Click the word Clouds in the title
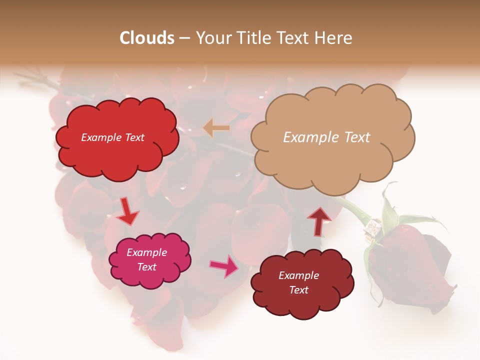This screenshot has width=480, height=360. click(x=147, y=38)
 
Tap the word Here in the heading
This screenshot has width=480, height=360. click(x=335, y=38)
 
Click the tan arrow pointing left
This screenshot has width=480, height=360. click(x=216, y=128)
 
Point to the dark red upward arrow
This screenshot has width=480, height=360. click(x=319, y=220)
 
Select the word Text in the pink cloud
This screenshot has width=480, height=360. click(x=147, y=267)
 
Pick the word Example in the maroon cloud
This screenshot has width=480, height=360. click(x=298, y=275)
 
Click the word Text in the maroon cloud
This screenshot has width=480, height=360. click(x=299, y=290)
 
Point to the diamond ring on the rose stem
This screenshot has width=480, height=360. click(x=373, y=230)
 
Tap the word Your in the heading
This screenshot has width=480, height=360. click(x=213, y=38)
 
